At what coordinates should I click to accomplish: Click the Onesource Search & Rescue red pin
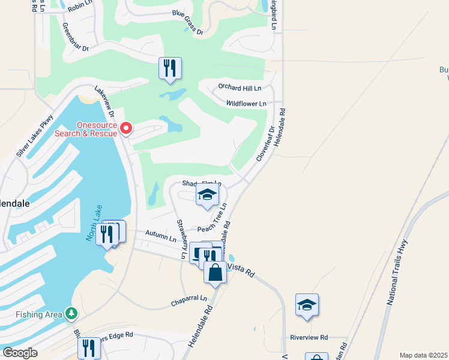click(126, 128)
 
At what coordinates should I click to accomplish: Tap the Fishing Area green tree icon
click(71, 313)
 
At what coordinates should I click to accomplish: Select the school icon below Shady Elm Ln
click(207, 195)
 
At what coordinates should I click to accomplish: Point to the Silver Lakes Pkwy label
click(35, 137)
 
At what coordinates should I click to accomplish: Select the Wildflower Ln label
click(246, 104)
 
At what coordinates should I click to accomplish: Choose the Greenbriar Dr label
click(75, 37)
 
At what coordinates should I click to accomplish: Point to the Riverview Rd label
click(309, 337)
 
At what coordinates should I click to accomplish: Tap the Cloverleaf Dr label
click(265, 143)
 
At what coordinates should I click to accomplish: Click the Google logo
click(19, 353)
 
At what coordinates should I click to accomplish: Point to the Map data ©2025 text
click(423, 355)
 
